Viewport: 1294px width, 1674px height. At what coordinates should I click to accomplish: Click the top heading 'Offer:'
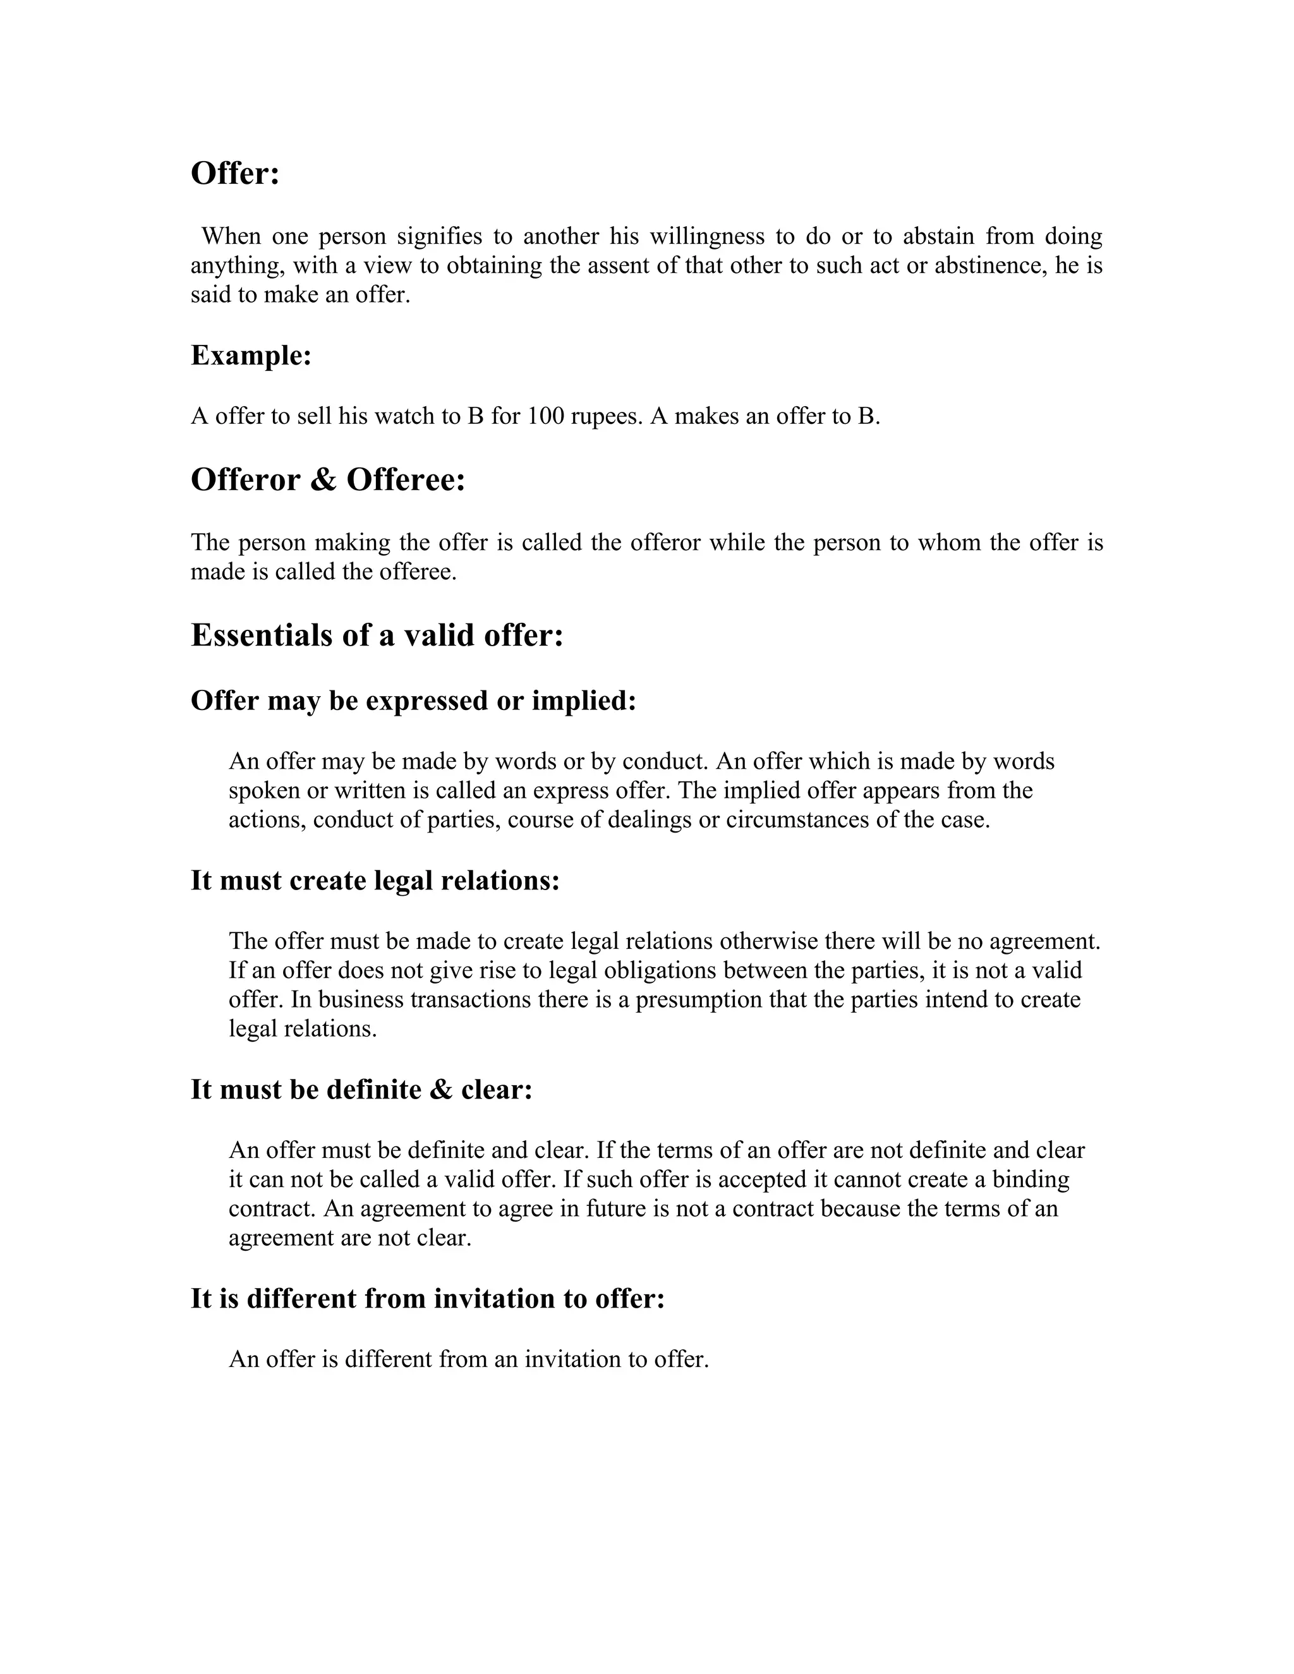pyautogui.click(x=234, y=174)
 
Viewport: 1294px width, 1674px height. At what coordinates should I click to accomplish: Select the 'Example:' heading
pyautogui.click(x=251, y=356)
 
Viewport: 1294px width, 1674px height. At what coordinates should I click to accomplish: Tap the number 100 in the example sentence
pyautogui.click(x=546, y=416)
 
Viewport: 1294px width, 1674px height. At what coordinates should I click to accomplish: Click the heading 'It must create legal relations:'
pyautogui.click(x=375, y=881)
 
